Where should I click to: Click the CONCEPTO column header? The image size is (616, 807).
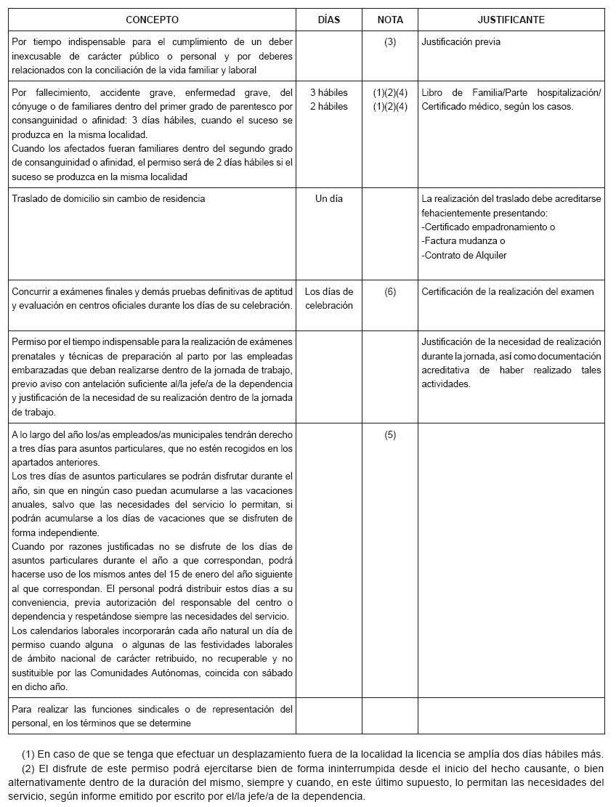(152, 20)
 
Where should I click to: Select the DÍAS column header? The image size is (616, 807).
(329, 20)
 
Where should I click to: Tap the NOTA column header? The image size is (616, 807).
(390, 20)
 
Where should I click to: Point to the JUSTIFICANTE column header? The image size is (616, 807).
(511, 20)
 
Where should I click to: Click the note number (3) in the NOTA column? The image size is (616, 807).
(390, 42)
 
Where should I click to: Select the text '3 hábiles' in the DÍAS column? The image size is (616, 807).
(329, 92)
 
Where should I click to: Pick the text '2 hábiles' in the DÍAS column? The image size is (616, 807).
(329, 107)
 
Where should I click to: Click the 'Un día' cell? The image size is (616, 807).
(329, 198)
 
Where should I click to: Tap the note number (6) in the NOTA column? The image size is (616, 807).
(390, 291)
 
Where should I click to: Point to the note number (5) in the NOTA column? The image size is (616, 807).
(390, 435)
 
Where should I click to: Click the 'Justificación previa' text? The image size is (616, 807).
(461, 42)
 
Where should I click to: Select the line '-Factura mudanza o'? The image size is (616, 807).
(463, 240)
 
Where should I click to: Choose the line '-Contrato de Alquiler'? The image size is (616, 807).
(464, 255)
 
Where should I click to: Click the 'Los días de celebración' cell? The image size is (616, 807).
(329, 299)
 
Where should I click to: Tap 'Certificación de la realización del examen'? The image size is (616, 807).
(508, 291)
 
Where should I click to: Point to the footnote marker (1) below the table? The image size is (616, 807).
(28, 753)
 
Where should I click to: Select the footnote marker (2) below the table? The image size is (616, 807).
(28, 768)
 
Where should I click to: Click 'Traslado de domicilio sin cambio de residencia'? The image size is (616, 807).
(108, 198)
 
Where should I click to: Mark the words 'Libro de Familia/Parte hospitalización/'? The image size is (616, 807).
(511, 92)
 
